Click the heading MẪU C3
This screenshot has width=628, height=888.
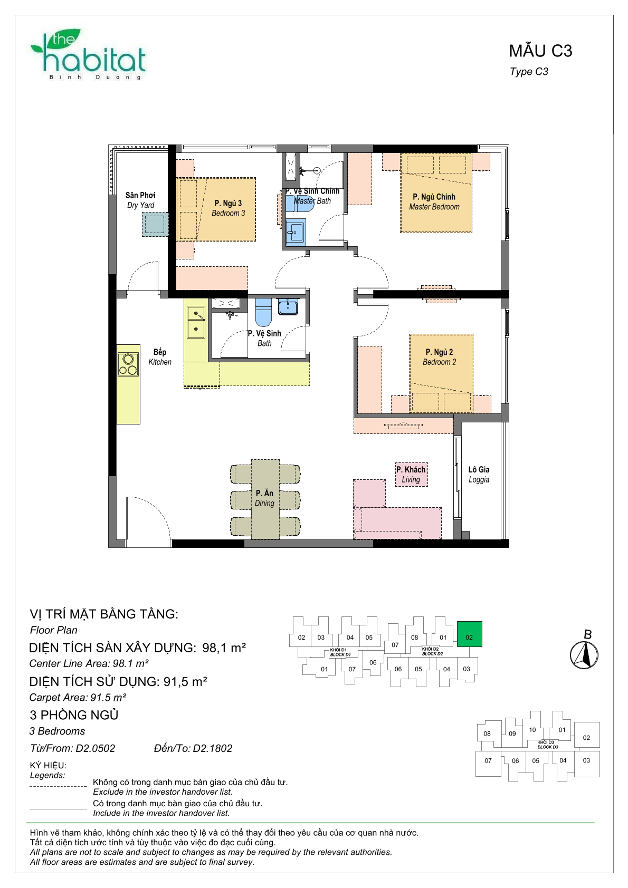(540, 51)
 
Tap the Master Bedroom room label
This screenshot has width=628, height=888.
(434, 201)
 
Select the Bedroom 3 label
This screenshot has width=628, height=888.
(228, 208)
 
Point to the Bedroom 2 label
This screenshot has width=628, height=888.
(439, 356)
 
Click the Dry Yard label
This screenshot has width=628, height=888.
(140, 200)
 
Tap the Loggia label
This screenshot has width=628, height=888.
(479, 474)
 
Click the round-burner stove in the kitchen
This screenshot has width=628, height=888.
(128, 364)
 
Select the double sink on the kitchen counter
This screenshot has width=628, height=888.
(196, 322)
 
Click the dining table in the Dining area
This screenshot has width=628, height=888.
(265, 499)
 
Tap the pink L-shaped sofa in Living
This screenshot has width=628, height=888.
(397, 522)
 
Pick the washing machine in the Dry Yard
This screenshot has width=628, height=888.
(155, 224)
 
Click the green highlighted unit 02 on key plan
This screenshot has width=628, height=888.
(469, 634)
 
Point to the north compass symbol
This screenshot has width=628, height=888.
(584, 655)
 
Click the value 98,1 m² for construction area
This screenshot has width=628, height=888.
(224, 648)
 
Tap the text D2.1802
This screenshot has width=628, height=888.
(212, 748)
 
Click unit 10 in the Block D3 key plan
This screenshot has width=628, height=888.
(532, 730)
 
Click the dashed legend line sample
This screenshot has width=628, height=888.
(58, 786)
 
